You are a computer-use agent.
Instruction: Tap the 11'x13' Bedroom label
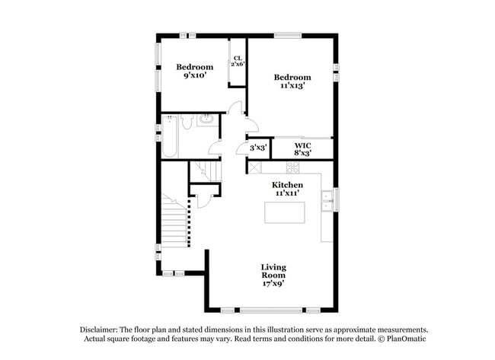(292, 81)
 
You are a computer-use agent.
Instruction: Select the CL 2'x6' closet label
(238, 61)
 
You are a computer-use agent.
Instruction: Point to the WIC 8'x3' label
(302, 149)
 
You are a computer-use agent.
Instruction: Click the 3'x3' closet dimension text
(257, 148)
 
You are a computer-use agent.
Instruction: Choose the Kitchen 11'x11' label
(288, 189)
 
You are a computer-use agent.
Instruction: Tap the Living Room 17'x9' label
(273, 275)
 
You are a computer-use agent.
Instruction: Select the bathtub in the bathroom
(170, 137)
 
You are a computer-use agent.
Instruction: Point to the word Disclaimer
(100, 329)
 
